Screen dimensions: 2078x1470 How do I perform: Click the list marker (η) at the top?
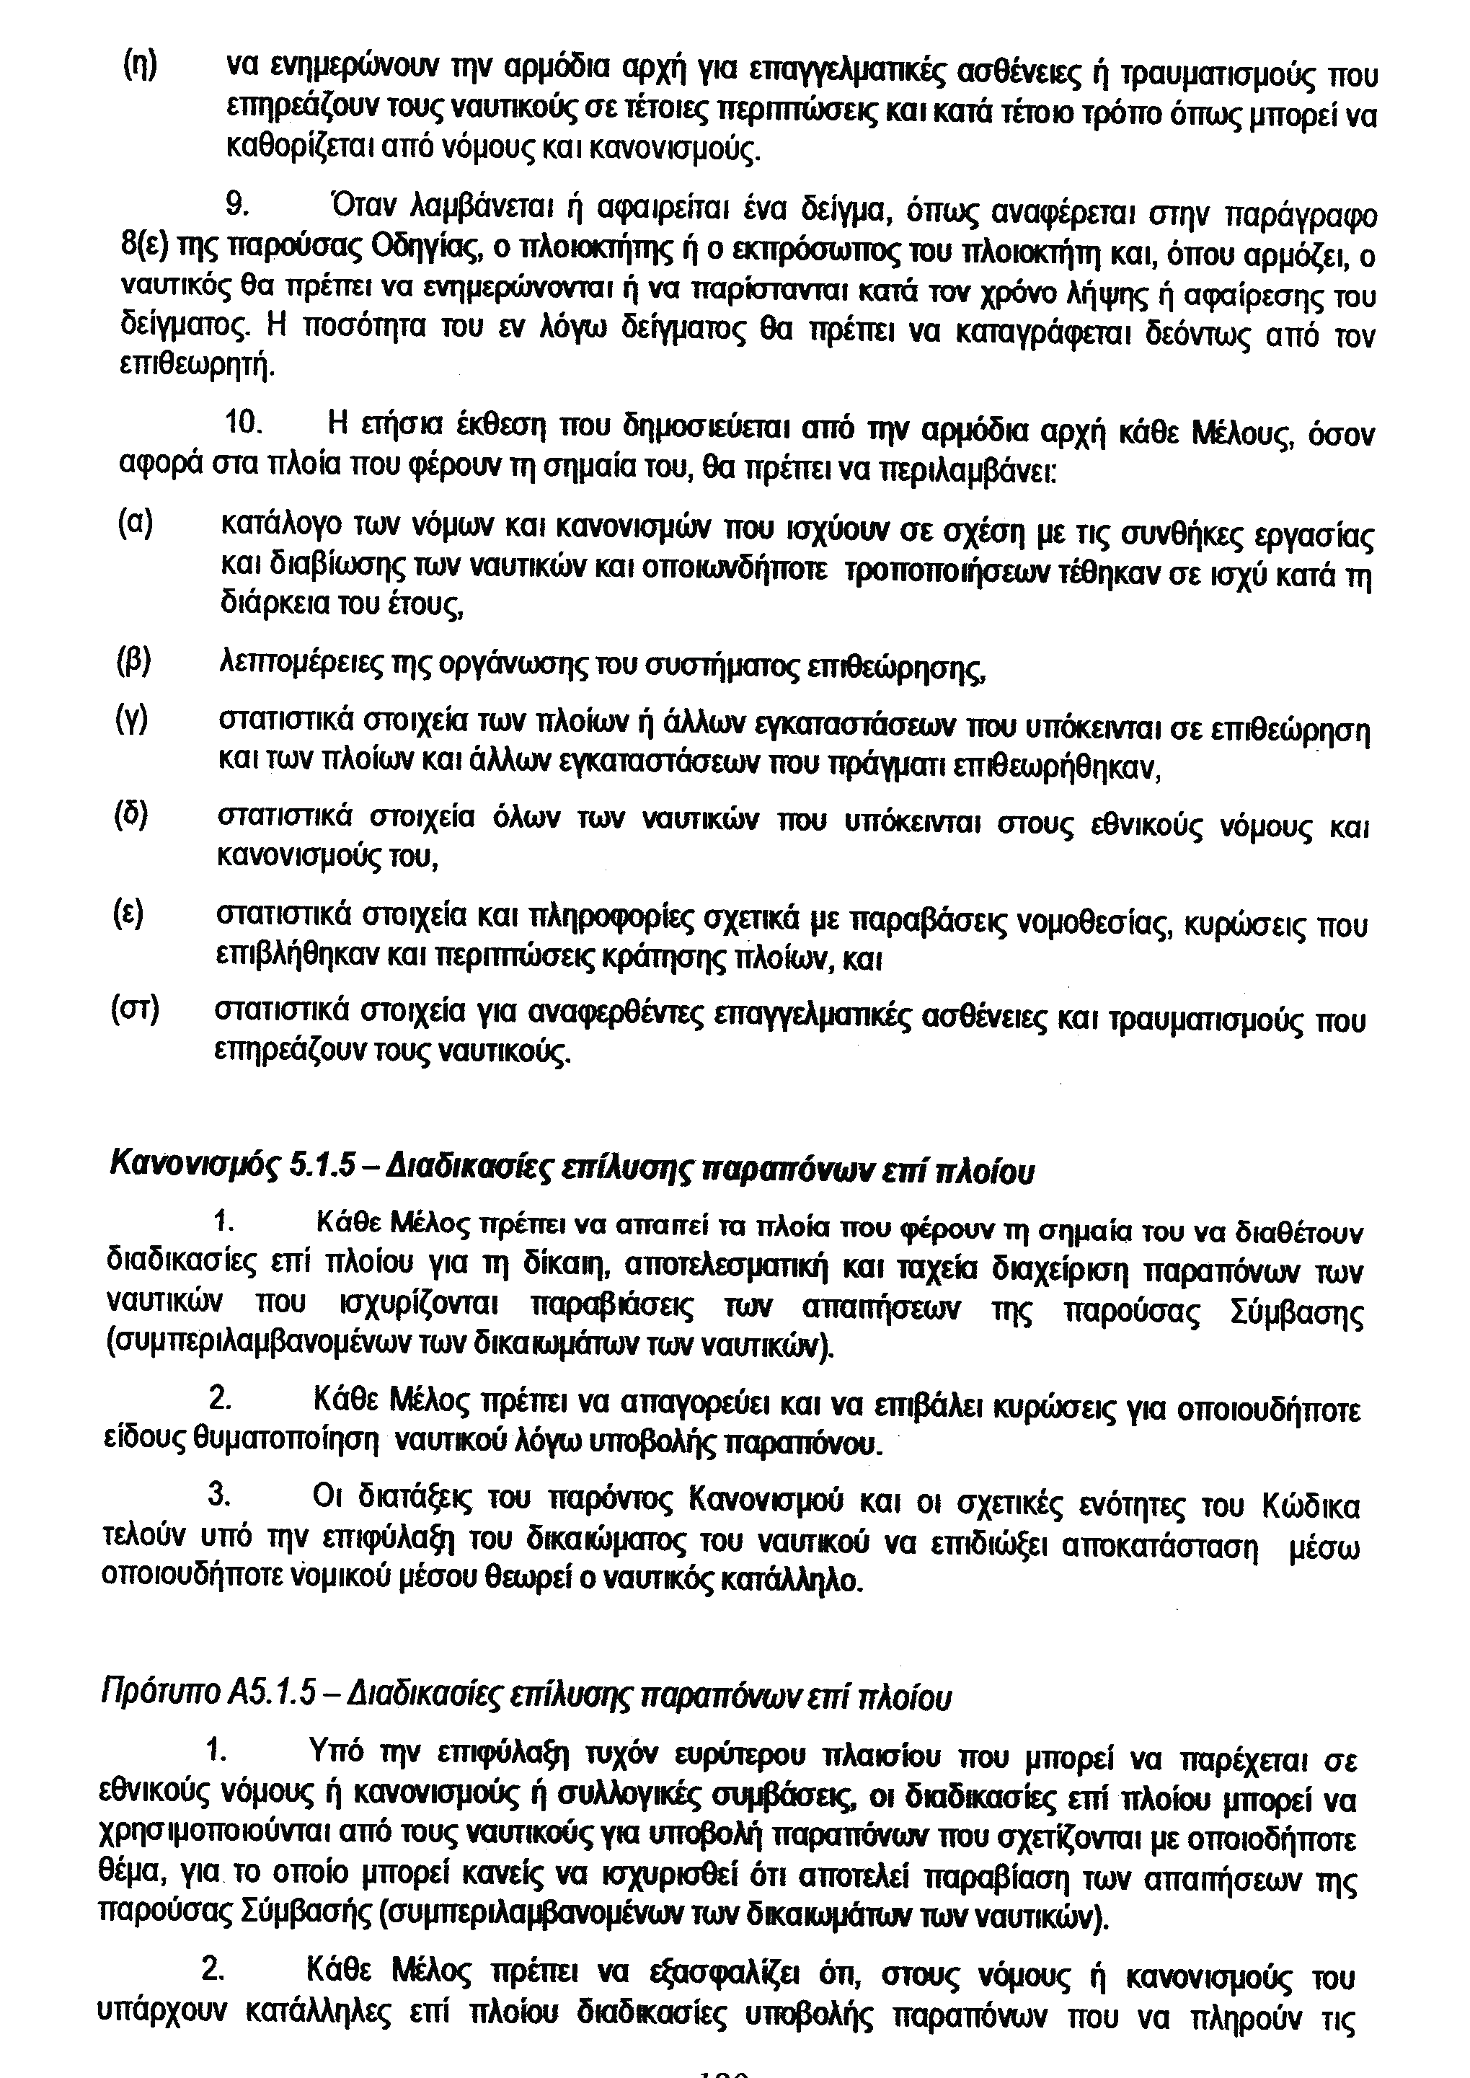(x=139, y=66)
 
